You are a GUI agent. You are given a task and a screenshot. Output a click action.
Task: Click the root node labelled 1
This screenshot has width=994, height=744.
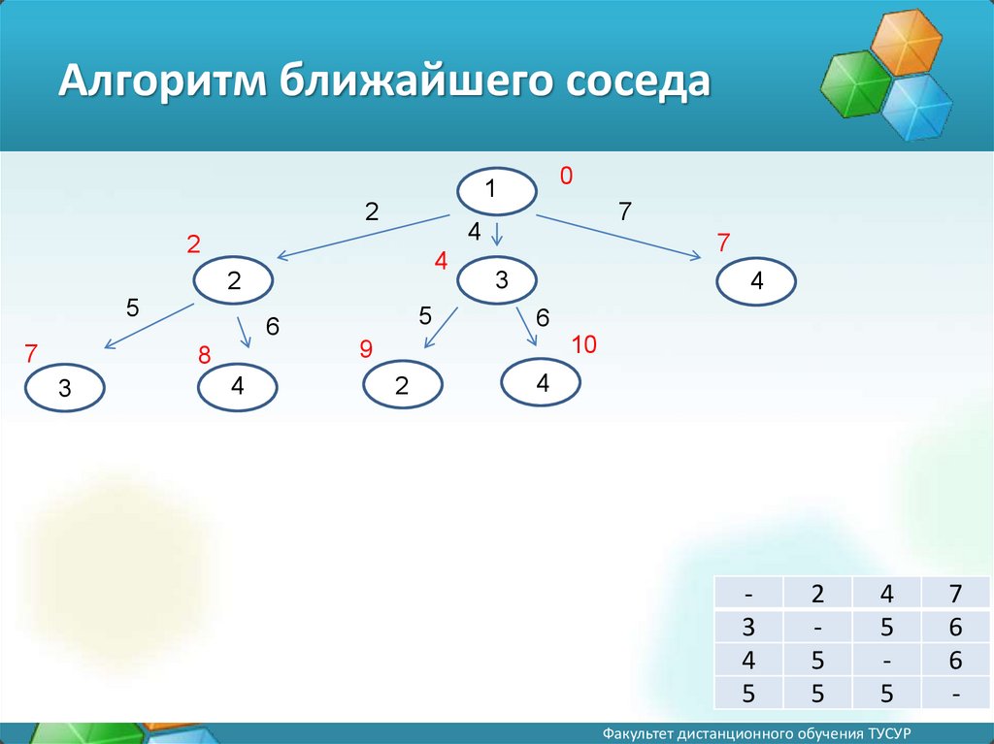(x=497, y=191)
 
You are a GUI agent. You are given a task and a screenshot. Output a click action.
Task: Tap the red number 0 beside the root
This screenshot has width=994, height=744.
(x=566, y=176)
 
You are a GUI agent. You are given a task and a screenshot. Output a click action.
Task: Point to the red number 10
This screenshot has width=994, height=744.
(x=583, y=344)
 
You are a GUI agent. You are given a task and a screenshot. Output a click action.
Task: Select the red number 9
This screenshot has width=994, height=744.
(x=366, y=349)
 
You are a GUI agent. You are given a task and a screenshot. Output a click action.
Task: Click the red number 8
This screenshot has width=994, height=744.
(x=204, y=356)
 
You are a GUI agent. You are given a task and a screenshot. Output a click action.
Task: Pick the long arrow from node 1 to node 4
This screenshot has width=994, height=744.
(x=618, y=237)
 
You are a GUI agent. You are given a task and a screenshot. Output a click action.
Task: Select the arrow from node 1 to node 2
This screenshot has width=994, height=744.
(x=363, y=237)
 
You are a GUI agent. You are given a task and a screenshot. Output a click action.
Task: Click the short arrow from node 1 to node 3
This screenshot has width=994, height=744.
(x=498, y=233)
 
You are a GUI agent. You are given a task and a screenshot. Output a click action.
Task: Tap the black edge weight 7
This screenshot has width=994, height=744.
(x=625, y=211)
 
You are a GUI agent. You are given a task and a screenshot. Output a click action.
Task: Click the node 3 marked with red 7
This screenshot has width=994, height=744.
(x=65, y=388)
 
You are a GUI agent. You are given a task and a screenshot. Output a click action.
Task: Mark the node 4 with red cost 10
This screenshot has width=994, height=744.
(x=541, y=382)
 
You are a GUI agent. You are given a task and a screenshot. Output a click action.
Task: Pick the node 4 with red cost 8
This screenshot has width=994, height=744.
(x=237, y=387)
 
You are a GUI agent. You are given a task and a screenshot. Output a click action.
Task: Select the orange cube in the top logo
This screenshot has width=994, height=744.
(x=908, y=40)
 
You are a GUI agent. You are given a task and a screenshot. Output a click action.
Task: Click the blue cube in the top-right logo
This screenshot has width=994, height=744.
(x=917, y=106)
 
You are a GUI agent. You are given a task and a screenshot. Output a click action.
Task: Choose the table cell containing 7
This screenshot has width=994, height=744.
(x=955, y=594)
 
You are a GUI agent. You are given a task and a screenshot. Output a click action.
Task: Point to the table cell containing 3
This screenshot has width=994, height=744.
(x=748, y=627)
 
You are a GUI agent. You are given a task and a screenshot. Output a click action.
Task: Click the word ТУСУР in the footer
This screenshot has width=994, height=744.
(x=889, y=733)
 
